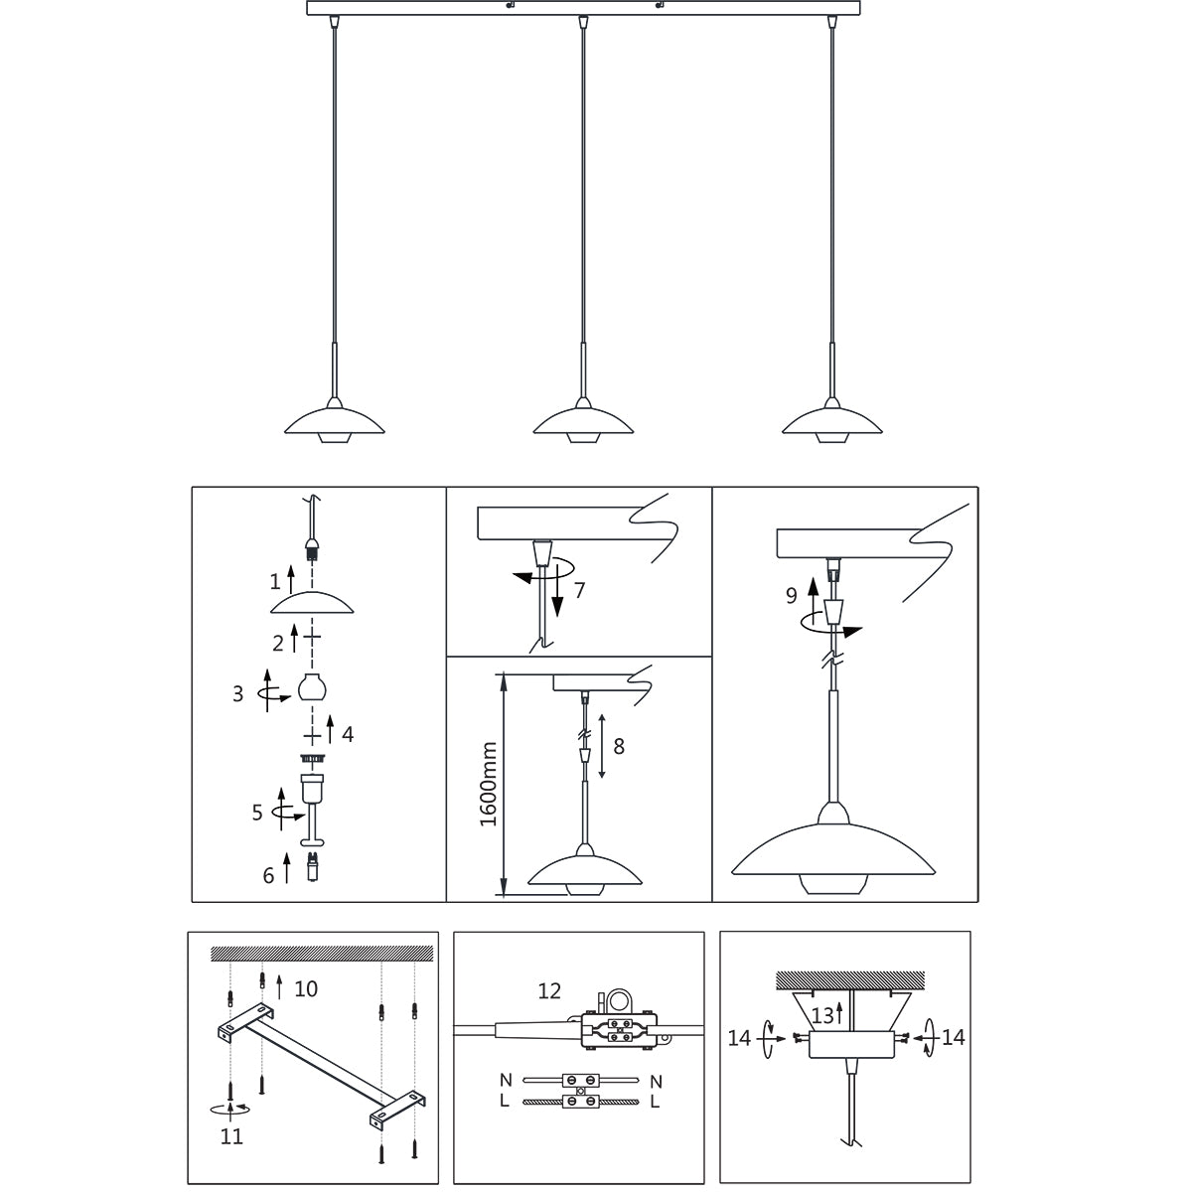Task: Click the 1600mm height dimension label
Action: pyautogui.click(x=487, y=785)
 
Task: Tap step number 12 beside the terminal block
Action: pyautogui.click(x=549, y=990)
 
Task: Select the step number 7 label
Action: pyautogui.click(x=579, y=590)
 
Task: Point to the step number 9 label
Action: pyautogui.click(x=792, y=596)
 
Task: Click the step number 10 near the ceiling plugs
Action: pyautogui.click(x=306, y=989)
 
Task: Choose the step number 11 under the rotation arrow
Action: pyautogui.click(x=231, y=1136)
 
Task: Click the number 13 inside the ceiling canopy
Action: pyautogui.click(x=822, y=1014)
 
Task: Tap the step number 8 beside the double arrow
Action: pyautogui.click(x=619, y=746)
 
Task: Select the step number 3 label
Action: pyautogui.click(x=238, y=694)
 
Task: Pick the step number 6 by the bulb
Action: pyautogui.click(x=268, y=875)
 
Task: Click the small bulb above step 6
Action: pyautogui.click(x=313, y=866)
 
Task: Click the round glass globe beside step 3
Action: pyautogui.click(x=313, y=687)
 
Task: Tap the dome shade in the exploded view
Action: pyautogui.click(x=313, y=603)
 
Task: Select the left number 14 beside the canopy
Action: pyautogui.click(x=739, y=1038)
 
